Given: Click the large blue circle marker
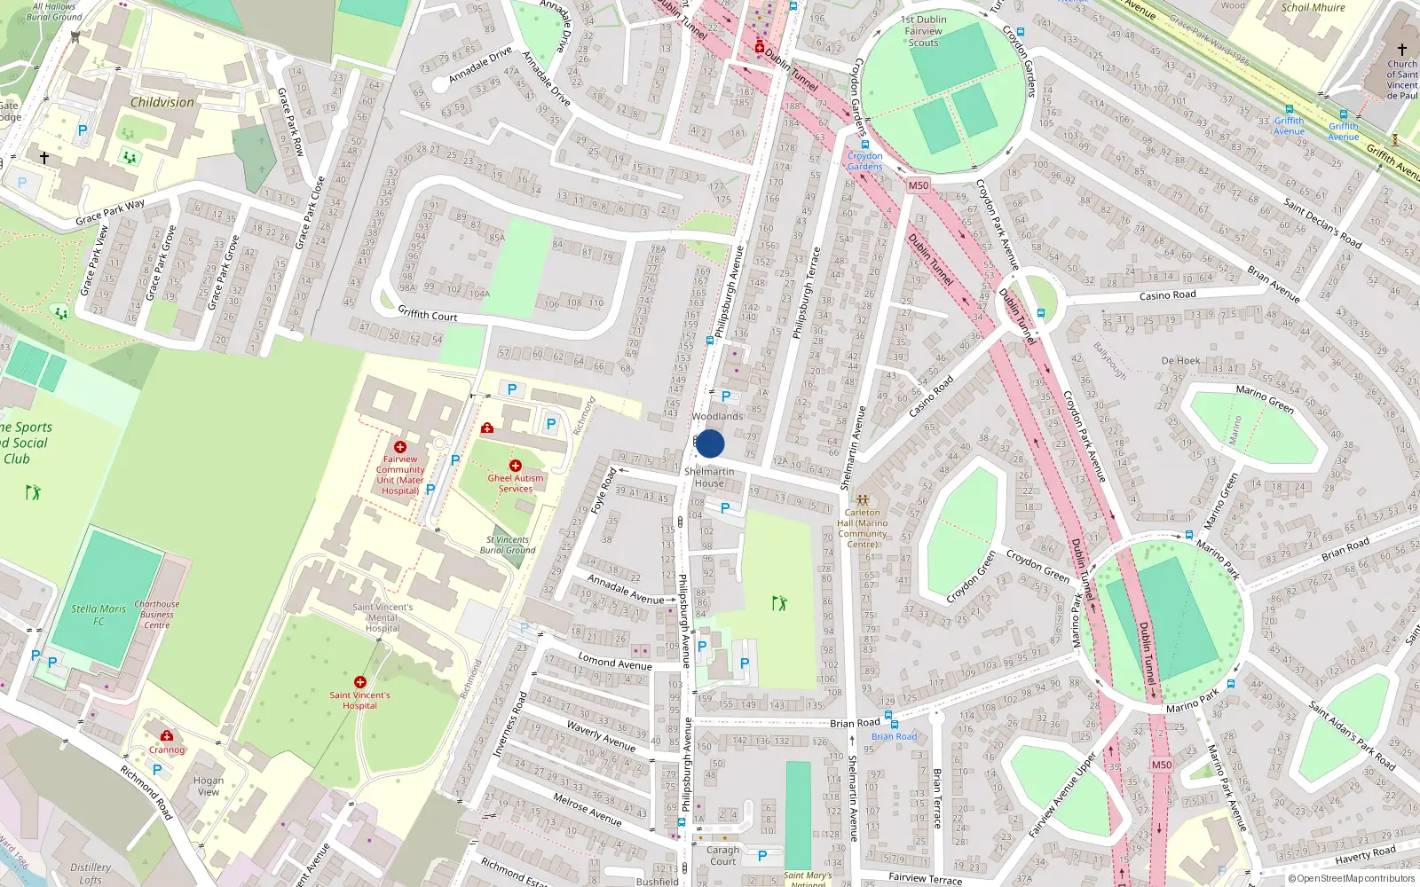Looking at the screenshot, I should click(710, 443).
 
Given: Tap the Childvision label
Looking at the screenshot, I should click(162, 102).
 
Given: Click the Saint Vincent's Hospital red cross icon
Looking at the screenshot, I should click(359, 682).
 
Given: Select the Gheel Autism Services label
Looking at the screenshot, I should click(516, 483).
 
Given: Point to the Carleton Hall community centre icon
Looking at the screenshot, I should click(862, 499).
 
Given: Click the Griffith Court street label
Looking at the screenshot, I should click(427, 314).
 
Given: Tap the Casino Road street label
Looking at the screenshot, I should click(1167, 295).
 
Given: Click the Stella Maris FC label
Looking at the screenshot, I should click(99, 615).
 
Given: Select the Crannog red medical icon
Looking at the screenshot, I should click(166, 735).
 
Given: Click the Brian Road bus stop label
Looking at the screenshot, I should click(894, 736).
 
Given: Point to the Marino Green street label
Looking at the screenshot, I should click(1265, 399).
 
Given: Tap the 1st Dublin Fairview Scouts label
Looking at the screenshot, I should click(923, 31).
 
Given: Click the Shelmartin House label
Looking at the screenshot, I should click(709, 477).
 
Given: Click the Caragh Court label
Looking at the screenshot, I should click(722, 855).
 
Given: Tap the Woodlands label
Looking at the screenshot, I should click(717, 416).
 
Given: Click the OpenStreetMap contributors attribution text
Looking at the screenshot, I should click(1351, 878).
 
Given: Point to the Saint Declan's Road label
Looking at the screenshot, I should click(1322, 223).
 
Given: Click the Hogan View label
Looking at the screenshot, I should click(209, 786).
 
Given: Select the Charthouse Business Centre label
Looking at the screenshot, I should click(157, 614).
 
